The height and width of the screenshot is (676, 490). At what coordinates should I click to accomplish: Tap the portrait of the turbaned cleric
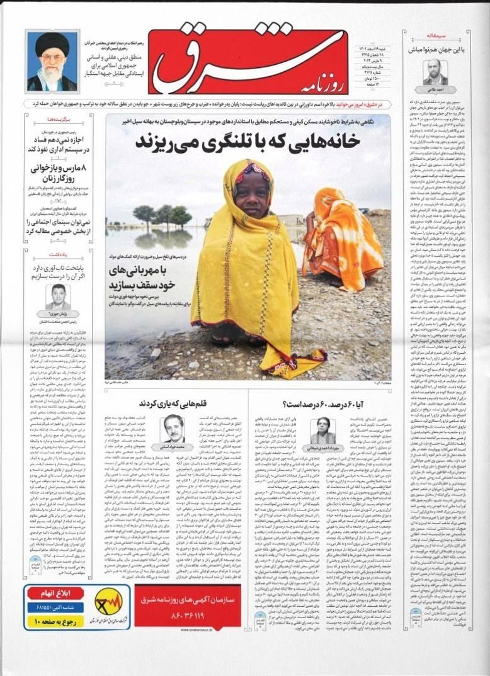pos(52,62)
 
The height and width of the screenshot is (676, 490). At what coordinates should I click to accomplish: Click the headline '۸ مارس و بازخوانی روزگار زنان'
pos(59,174)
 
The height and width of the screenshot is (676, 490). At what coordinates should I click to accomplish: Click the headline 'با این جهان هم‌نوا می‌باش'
pos(435,49)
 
